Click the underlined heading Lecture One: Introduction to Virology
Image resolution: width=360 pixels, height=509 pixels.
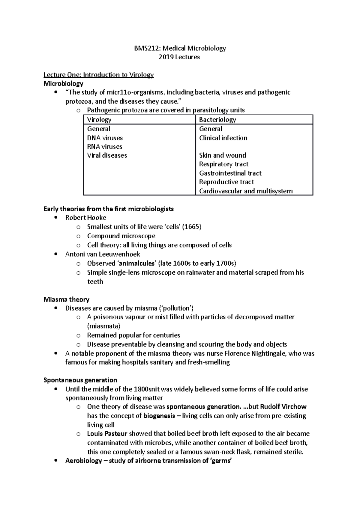click(98, 75)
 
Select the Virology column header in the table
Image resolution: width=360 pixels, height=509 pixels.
click(99, 120)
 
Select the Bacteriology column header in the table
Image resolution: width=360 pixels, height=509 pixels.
click(217, 120)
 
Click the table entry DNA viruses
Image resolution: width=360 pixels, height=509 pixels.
click(105, 138)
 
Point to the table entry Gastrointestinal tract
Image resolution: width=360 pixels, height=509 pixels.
click(230, 173)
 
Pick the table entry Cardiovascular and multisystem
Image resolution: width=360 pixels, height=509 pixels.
click(246, 191)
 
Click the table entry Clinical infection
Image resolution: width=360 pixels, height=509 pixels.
click(223, 138)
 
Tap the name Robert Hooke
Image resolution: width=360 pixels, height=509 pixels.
click(85, 218)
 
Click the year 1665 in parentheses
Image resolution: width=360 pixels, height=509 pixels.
click(192, 227)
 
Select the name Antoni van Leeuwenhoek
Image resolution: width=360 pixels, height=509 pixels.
click(103, 254)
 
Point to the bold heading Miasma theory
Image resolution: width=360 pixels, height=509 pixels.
click(66, 299)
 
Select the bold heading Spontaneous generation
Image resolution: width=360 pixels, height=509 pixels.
click(80, 380)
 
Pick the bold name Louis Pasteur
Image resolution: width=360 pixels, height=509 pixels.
click(107, 434)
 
